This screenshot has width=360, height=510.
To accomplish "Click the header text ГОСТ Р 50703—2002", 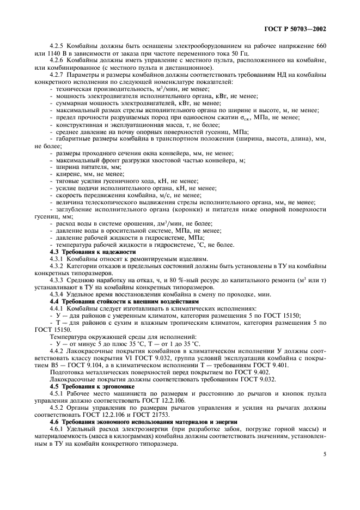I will click(298, 28).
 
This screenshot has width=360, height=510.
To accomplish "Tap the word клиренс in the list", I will click(68, 174).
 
